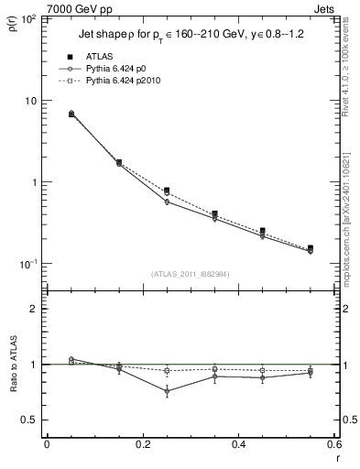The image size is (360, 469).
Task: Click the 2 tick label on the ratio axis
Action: (35, 309)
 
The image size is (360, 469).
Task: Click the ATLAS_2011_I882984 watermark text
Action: (190, 274)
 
